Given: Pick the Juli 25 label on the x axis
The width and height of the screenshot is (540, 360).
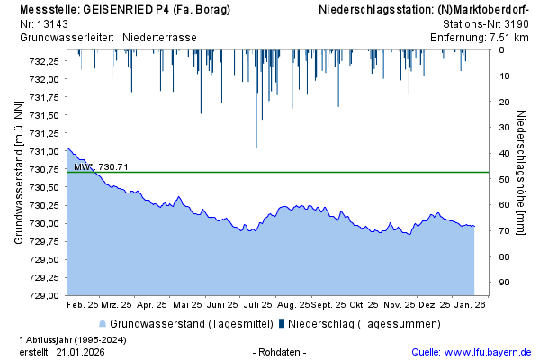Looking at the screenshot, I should [x=257, y=305].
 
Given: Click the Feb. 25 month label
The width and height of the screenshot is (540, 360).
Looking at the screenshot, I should [x=82, y=305].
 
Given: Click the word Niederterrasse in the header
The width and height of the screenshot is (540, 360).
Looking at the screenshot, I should [x=159, y=37].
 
